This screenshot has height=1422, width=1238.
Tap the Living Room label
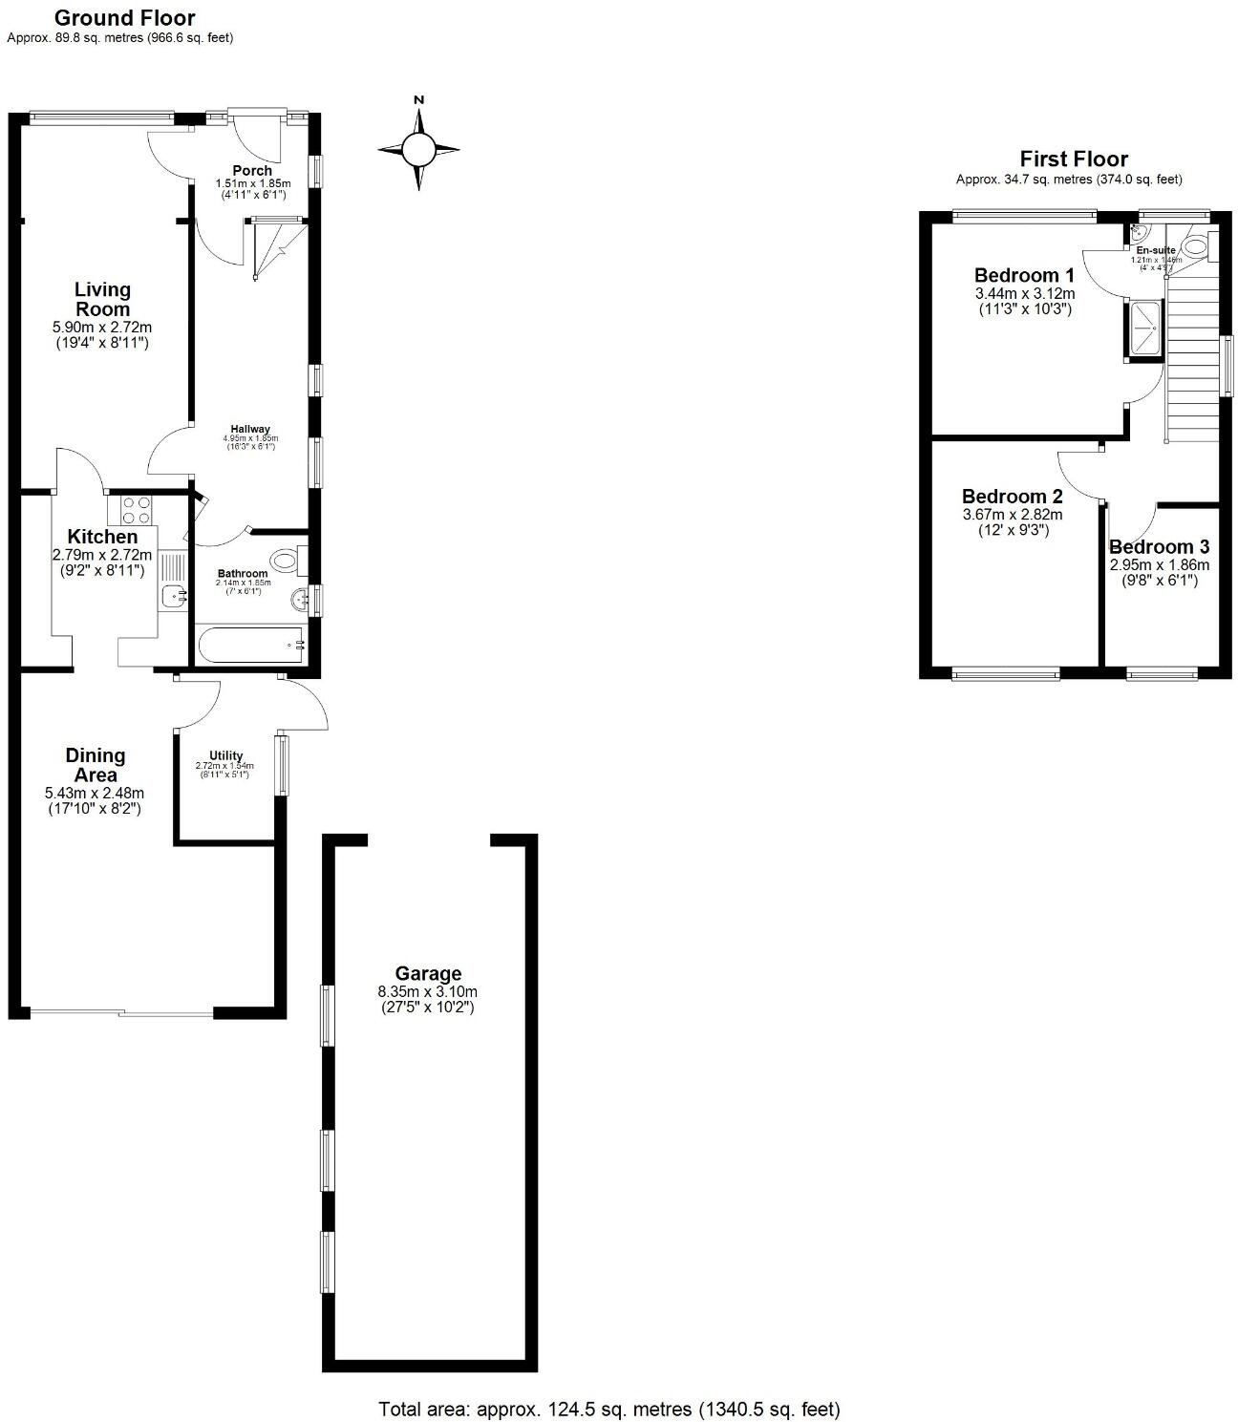[x=102, y=299]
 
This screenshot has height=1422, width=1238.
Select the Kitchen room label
[x=102, y=537]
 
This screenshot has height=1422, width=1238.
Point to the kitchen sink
[x=173, y=596]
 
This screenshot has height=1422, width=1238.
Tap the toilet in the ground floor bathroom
[x=288, y=560]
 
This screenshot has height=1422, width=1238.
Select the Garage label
[x=428, y=973]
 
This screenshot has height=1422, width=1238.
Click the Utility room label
[x=225, y=755]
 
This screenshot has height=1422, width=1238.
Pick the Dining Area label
[x=96, y=765]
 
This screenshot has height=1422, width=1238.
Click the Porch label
[x=252, y=170]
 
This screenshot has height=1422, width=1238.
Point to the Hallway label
[x=249, y=429]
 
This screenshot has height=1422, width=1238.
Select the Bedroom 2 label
[x=1012, y=497]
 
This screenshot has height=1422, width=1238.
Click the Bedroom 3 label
[x=1159, y=547]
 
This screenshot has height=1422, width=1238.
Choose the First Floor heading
[x=1074, y=159]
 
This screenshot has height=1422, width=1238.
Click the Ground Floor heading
[x=124, y=17]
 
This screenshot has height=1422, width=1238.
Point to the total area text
[x=609, y=1408]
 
